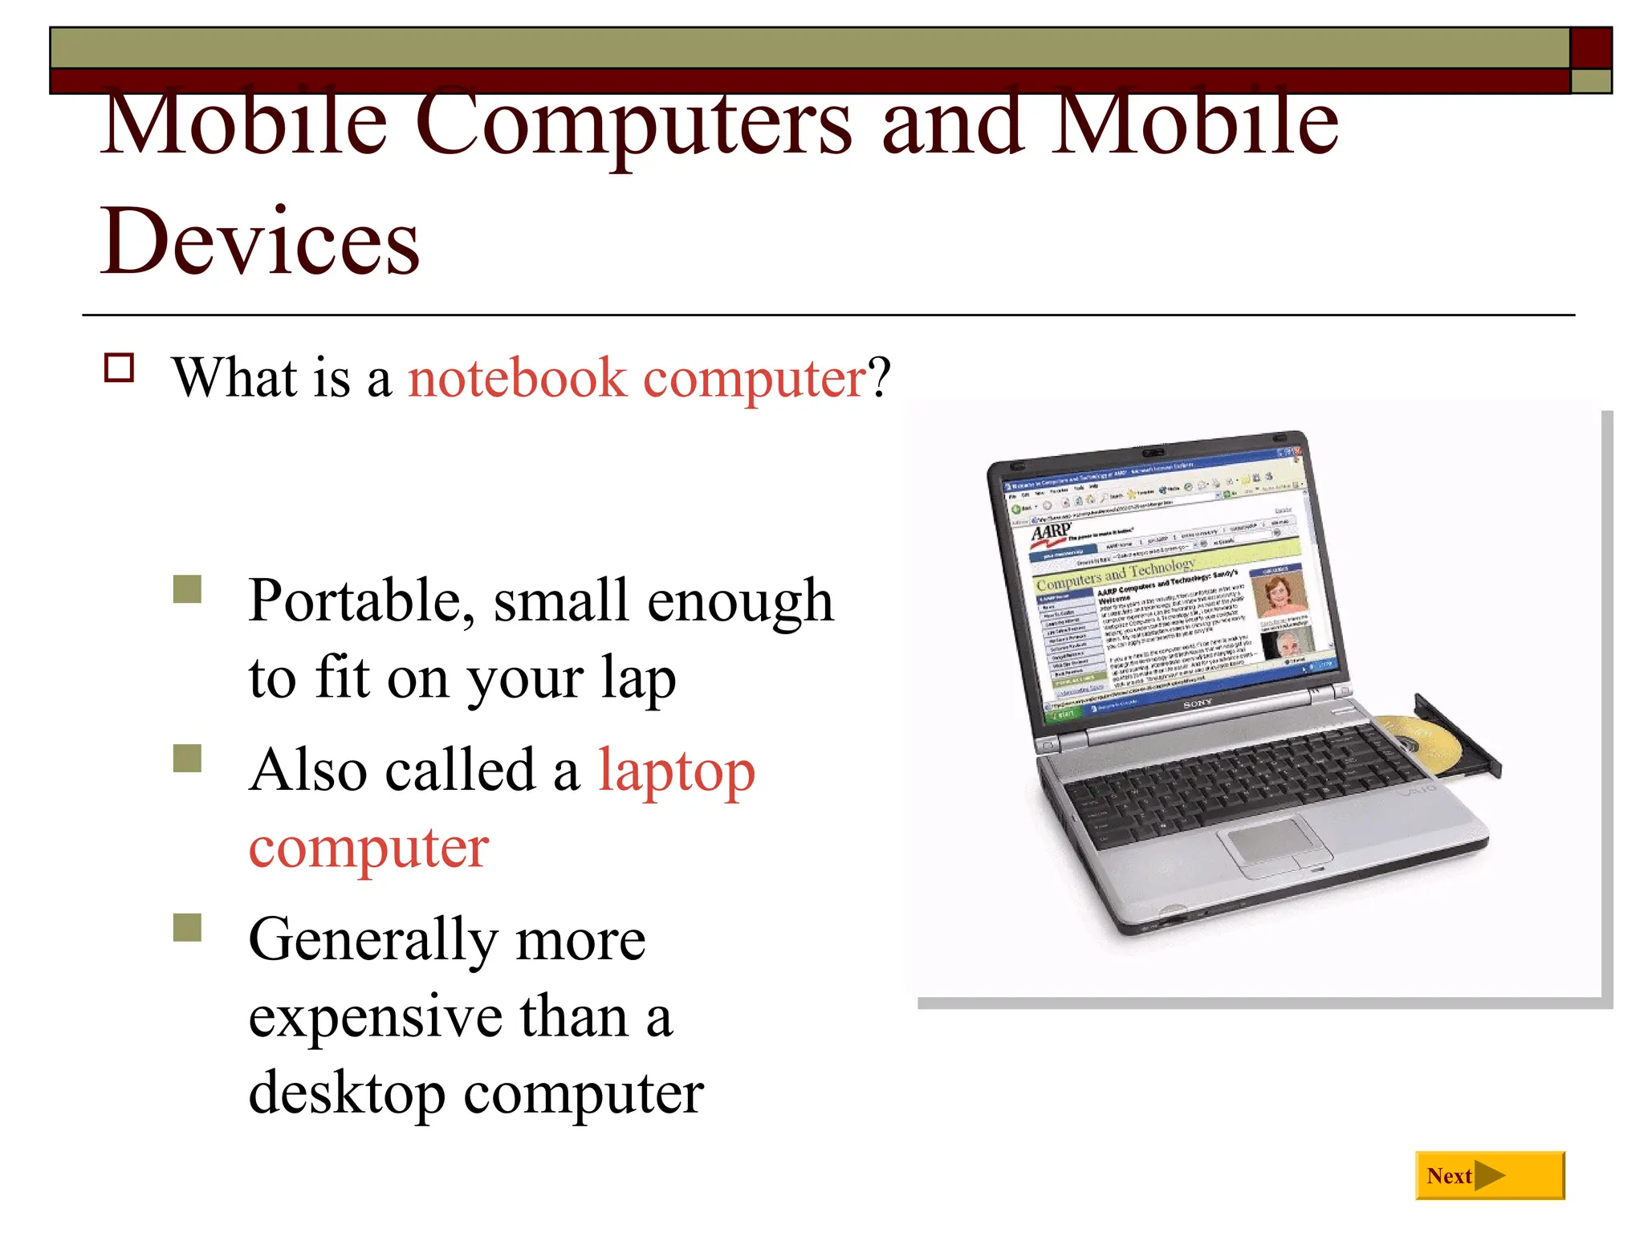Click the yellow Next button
pyautogui.click(x=1489, y=1175)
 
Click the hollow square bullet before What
pyautogui.click(x=120, y=368)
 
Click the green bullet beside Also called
pyautogui.click(x=187, y=758)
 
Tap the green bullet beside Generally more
pyautogui.click(x=187, y=927)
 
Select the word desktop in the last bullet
pyautogui.click(x=346, y=1093)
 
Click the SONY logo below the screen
pyautogui.click(x=1198, y=703)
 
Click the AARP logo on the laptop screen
pyautogui.click(x=1050, y=531)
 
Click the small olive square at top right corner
pyautogui.click(x=1591, y=81)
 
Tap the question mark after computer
pyautogui.click(x=881, y=377)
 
